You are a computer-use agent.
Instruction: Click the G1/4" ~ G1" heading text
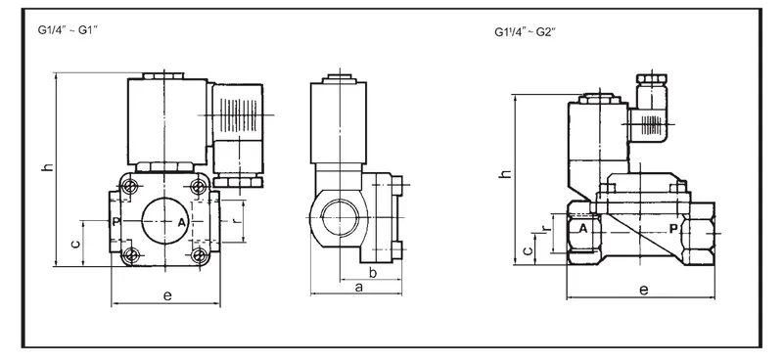click(68, 29)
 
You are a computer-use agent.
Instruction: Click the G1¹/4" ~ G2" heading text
click(525, 32)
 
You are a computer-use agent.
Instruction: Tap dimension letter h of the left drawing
click(46, 167)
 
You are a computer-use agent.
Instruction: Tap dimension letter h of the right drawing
click(505, 173)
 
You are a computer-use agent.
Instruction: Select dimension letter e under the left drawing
click(167, 295)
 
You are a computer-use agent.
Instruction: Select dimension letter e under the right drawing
click(644, 290)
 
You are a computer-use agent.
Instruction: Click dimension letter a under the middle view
click(358, 287)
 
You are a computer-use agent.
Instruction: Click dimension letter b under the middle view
click(373, 272)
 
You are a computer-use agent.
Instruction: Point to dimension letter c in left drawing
click(75, 245)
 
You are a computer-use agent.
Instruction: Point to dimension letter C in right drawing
click(528, 250)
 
